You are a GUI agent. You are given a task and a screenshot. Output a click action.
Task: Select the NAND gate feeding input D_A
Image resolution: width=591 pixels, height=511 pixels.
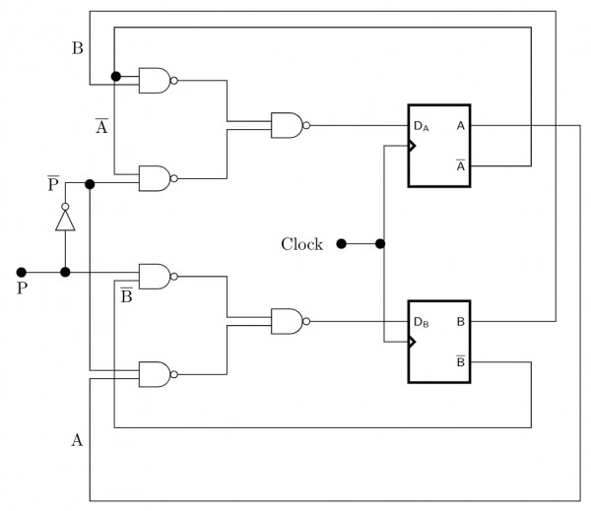click(288, 125)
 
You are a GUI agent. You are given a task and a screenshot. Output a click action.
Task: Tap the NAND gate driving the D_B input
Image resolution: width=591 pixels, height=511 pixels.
click(288, 320)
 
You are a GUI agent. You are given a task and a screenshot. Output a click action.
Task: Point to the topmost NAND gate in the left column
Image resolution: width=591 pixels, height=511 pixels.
click(156, 81)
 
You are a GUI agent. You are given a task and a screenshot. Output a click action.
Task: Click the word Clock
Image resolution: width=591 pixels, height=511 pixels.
click(301, 244)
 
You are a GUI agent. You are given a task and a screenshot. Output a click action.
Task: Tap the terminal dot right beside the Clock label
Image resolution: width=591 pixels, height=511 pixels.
click(341, 243)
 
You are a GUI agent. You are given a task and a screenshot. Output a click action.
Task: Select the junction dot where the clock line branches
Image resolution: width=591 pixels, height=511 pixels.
click(380, 243)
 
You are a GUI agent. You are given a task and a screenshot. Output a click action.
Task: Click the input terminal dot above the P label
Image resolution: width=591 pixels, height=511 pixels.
click(21, 272)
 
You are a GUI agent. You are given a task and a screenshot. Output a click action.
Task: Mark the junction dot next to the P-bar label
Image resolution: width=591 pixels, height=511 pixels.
click(90, 184)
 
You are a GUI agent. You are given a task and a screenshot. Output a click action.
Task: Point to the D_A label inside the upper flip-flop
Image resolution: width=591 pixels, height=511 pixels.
click(421, 127)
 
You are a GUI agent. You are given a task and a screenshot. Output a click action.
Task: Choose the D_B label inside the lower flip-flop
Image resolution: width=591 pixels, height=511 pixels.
click(421, 322)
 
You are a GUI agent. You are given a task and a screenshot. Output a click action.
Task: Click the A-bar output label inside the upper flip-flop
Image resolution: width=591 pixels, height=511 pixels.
click(460, 164)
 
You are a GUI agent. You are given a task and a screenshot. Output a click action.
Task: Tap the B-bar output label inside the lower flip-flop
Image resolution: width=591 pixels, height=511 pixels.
click(460, 360)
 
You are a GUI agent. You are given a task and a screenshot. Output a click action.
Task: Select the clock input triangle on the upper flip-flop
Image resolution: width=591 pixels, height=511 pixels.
click(414, 146)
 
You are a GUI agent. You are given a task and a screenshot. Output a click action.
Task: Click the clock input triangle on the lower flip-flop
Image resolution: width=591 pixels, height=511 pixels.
click(414, 342)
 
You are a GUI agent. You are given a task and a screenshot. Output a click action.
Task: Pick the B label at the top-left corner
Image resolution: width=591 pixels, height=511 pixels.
click(77, 47)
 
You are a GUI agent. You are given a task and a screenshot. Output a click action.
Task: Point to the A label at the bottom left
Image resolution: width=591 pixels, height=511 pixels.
click(77, 440)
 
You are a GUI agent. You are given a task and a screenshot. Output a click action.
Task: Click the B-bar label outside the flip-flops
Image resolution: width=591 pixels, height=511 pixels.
click(127, 294)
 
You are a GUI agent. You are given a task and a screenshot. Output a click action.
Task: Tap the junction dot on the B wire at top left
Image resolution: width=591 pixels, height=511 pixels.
click(115, 76)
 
